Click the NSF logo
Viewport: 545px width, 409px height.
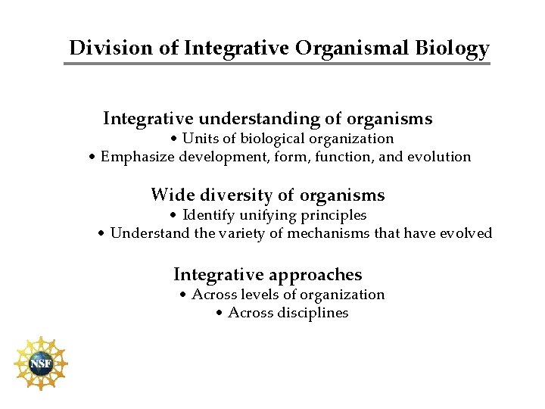[40, 364]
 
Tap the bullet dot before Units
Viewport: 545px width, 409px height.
[174, 139]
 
